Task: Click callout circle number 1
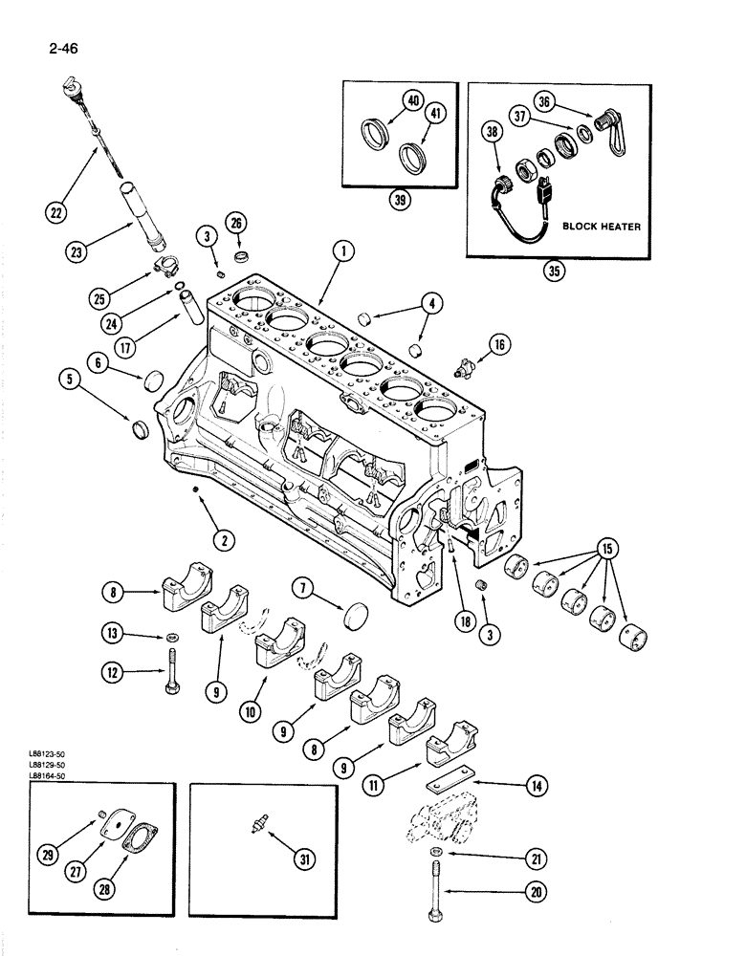pyautogui.click(x=343, y=252)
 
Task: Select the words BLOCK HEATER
pyautogui.click(x=603, y=227)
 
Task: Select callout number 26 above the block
pyautogui.click(x=235, y=224)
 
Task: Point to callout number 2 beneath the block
pyautogui.click(x=224, y=541)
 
